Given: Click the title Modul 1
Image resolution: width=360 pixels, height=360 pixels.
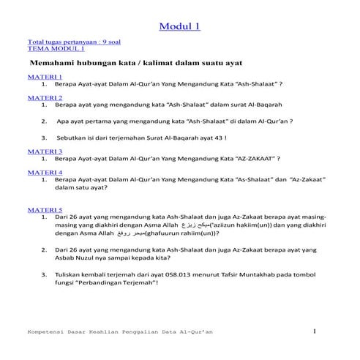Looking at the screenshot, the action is coord(179,28).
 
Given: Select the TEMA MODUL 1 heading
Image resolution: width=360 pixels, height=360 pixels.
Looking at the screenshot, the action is coord(55,49).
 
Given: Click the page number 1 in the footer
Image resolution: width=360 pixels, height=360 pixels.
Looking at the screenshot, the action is coord(314,334).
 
